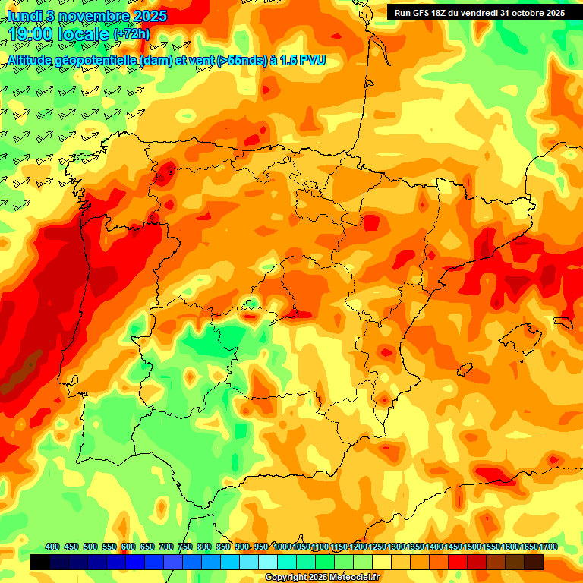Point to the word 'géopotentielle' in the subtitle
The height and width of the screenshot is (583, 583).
point(97,60)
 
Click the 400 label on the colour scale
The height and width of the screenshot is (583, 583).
point(52,547)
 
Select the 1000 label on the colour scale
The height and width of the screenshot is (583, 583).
point(282,547)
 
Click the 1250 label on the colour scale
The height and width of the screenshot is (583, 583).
point(377,547)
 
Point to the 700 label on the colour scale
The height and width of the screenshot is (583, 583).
point(166,547)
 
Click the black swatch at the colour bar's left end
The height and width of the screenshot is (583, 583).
point(40,562)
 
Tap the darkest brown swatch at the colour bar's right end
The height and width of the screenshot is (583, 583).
point(534,562)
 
